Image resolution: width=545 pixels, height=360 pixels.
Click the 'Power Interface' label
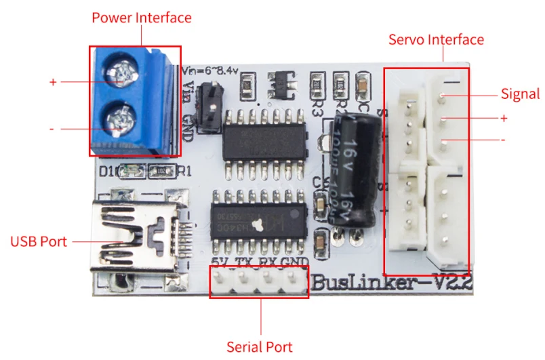[x=141, y=18]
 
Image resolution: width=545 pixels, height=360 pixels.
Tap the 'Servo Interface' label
[x=436, y=39]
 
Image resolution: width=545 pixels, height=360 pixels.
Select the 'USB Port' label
[x=39, y=241]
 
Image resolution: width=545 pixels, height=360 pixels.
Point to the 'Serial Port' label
[x=259, y=347]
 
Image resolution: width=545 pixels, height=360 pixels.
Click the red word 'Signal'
[x=520, y=94]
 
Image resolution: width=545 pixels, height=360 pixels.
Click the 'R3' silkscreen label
[x=317, y=106]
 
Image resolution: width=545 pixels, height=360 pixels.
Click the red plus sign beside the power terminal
[x=53, y=82]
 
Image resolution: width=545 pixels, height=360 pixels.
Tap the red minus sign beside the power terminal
[x=52, y=128]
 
